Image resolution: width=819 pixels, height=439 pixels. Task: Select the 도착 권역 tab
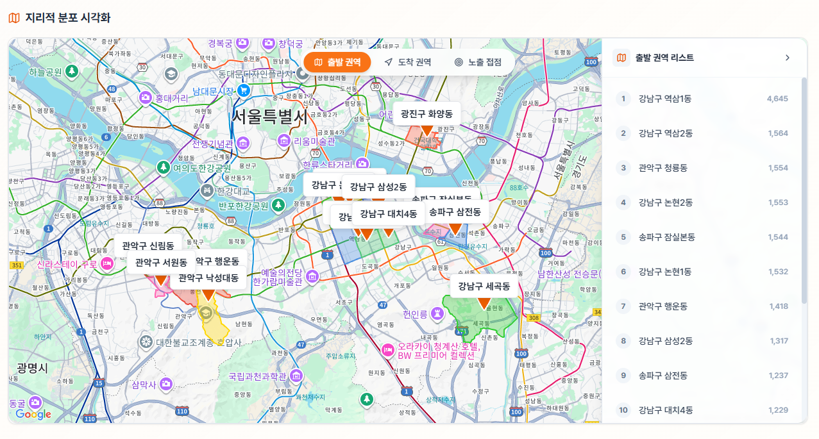click(x=407, y=62)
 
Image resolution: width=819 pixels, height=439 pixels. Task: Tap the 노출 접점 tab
click(x=478, y=62)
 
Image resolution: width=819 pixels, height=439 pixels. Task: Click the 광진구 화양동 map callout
click(x=426, y=114)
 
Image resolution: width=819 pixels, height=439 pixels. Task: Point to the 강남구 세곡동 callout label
click(x=484, y=286)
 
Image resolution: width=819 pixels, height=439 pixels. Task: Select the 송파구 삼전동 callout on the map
click(x=455, y=212)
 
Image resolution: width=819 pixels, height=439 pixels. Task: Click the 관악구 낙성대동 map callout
click(x=208, y=278)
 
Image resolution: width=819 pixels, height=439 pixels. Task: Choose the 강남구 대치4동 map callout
click(x=389, y=213)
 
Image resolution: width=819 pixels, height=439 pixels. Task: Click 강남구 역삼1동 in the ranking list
click(x=665, y=99)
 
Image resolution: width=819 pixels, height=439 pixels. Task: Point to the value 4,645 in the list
click(x=777, y=99)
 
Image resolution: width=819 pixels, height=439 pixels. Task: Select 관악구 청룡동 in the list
click(x=663, y=168)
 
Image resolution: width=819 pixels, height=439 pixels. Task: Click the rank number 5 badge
click(x=623, y=237)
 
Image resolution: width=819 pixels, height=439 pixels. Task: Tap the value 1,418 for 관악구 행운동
click(x=779, y=306)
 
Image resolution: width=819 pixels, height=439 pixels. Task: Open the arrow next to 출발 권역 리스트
click(x=788, y=58)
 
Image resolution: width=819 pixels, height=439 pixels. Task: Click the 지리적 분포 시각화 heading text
click(x=68, y=18)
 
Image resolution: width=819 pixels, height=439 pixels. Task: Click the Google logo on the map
click(x=33, y=415)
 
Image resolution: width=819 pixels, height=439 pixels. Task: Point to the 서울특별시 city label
click(x=269, y=117)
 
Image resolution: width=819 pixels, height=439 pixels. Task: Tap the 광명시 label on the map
click(x=32, y=368)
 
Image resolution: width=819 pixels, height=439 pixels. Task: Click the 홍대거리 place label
click(x=171, y=98)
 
